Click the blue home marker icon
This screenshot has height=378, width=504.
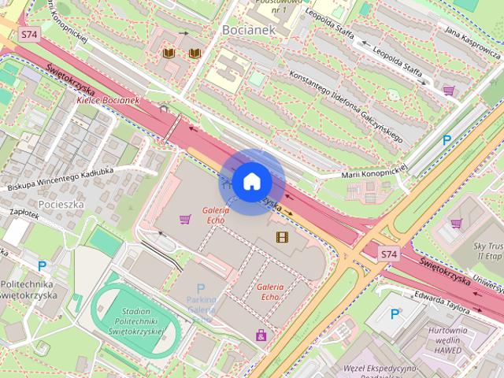[x=251, y=182]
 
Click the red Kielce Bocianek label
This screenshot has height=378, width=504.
[x=108, y=101]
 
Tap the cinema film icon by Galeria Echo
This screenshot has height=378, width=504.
[x=282, y=236]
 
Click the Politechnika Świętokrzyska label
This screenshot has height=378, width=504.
[x=28, y=289]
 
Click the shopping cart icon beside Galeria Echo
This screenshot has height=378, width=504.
[x=185, y=219]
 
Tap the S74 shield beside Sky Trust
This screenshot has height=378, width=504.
[x=388, y=254]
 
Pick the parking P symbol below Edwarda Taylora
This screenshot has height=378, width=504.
[x=395, y=314]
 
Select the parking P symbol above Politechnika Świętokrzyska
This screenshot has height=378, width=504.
[x=43, y=266]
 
